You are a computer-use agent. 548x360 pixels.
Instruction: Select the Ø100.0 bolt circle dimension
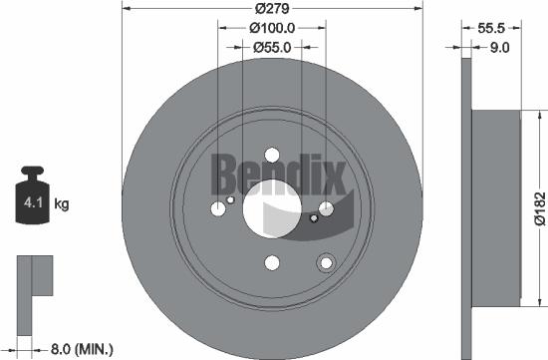pyautogui.click(x=272, y=29)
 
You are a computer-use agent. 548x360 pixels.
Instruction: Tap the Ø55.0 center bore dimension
pyautogui.click(x=272, y=46)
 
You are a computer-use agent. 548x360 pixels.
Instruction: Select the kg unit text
pyautogui.click(x=62, y=205)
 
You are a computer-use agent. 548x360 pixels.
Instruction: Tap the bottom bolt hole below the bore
pyautogui.click(x=272, y=263)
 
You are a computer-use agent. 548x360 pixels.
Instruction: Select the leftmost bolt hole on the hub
pyautogui.click(x=218, y=209)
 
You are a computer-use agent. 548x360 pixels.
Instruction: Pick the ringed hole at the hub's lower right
pyautogui.click(x=324, y=262)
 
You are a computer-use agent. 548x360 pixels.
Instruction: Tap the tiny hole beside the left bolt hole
pyautogui.click(x=231, y=199)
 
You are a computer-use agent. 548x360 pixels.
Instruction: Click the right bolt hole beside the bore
pyautogui.click(x=326, y=208)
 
